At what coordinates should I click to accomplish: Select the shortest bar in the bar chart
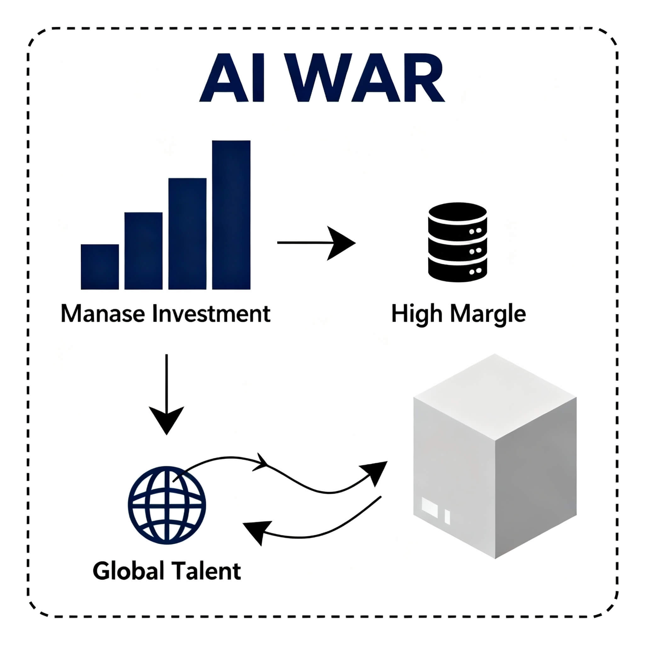click(x=100, y=267)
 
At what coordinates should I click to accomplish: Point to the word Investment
click(x=211, y=314)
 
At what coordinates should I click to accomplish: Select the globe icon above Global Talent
click(x=167, y=505)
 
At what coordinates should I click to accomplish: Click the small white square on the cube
click(x=430, y=507)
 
